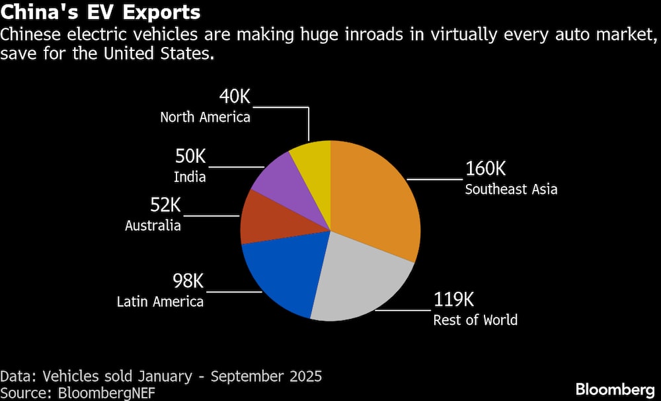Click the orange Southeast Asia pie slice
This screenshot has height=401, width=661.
coord(373,199)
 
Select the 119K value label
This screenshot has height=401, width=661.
coord(453,300)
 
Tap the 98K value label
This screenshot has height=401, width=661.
coord(188,281)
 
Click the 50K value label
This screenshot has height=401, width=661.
coord(190,157)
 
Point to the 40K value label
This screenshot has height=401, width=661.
coord(235,97)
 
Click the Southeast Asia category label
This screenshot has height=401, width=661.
coord(511,189)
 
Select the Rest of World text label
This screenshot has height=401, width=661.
coord(475,320)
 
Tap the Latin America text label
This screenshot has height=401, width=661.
coord(160,302)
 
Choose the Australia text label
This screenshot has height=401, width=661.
coord(153,226)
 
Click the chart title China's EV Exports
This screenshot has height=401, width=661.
coord(101,13)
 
